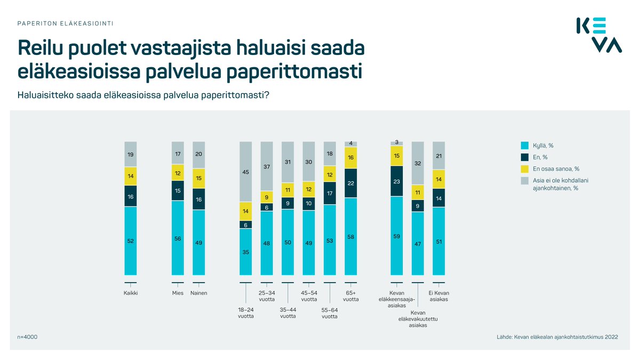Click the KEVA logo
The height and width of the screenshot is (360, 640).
click(x=599, y=35)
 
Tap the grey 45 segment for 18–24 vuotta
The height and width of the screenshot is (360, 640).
click(x=245, y=172)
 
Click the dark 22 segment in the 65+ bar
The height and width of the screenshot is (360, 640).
click(x=351, y=183)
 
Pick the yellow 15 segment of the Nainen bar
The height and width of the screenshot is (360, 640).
click(x=198, y=178)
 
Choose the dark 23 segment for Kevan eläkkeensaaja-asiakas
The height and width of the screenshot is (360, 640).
click(x=396, y=181)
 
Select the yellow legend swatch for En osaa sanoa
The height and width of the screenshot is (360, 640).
click(x=524, y=169)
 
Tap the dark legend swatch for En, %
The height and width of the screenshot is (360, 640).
click(x=524, y=157)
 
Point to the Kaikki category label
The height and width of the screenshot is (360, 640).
click(x=131, y=293)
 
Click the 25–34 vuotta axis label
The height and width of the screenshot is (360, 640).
click(x=267, y=296)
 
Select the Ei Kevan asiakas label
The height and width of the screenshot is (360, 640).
click(x=438, y=296)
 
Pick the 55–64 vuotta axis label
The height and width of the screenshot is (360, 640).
click(x=330, y=313)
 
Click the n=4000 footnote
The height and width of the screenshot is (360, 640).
click(x=27, y=337)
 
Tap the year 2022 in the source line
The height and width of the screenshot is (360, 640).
click(x=610, y=337)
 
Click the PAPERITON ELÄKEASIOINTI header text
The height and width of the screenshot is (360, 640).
click(x=65, y=23)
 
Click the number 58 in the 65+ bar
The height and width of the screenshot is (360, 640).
click(x=351, y=237)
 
